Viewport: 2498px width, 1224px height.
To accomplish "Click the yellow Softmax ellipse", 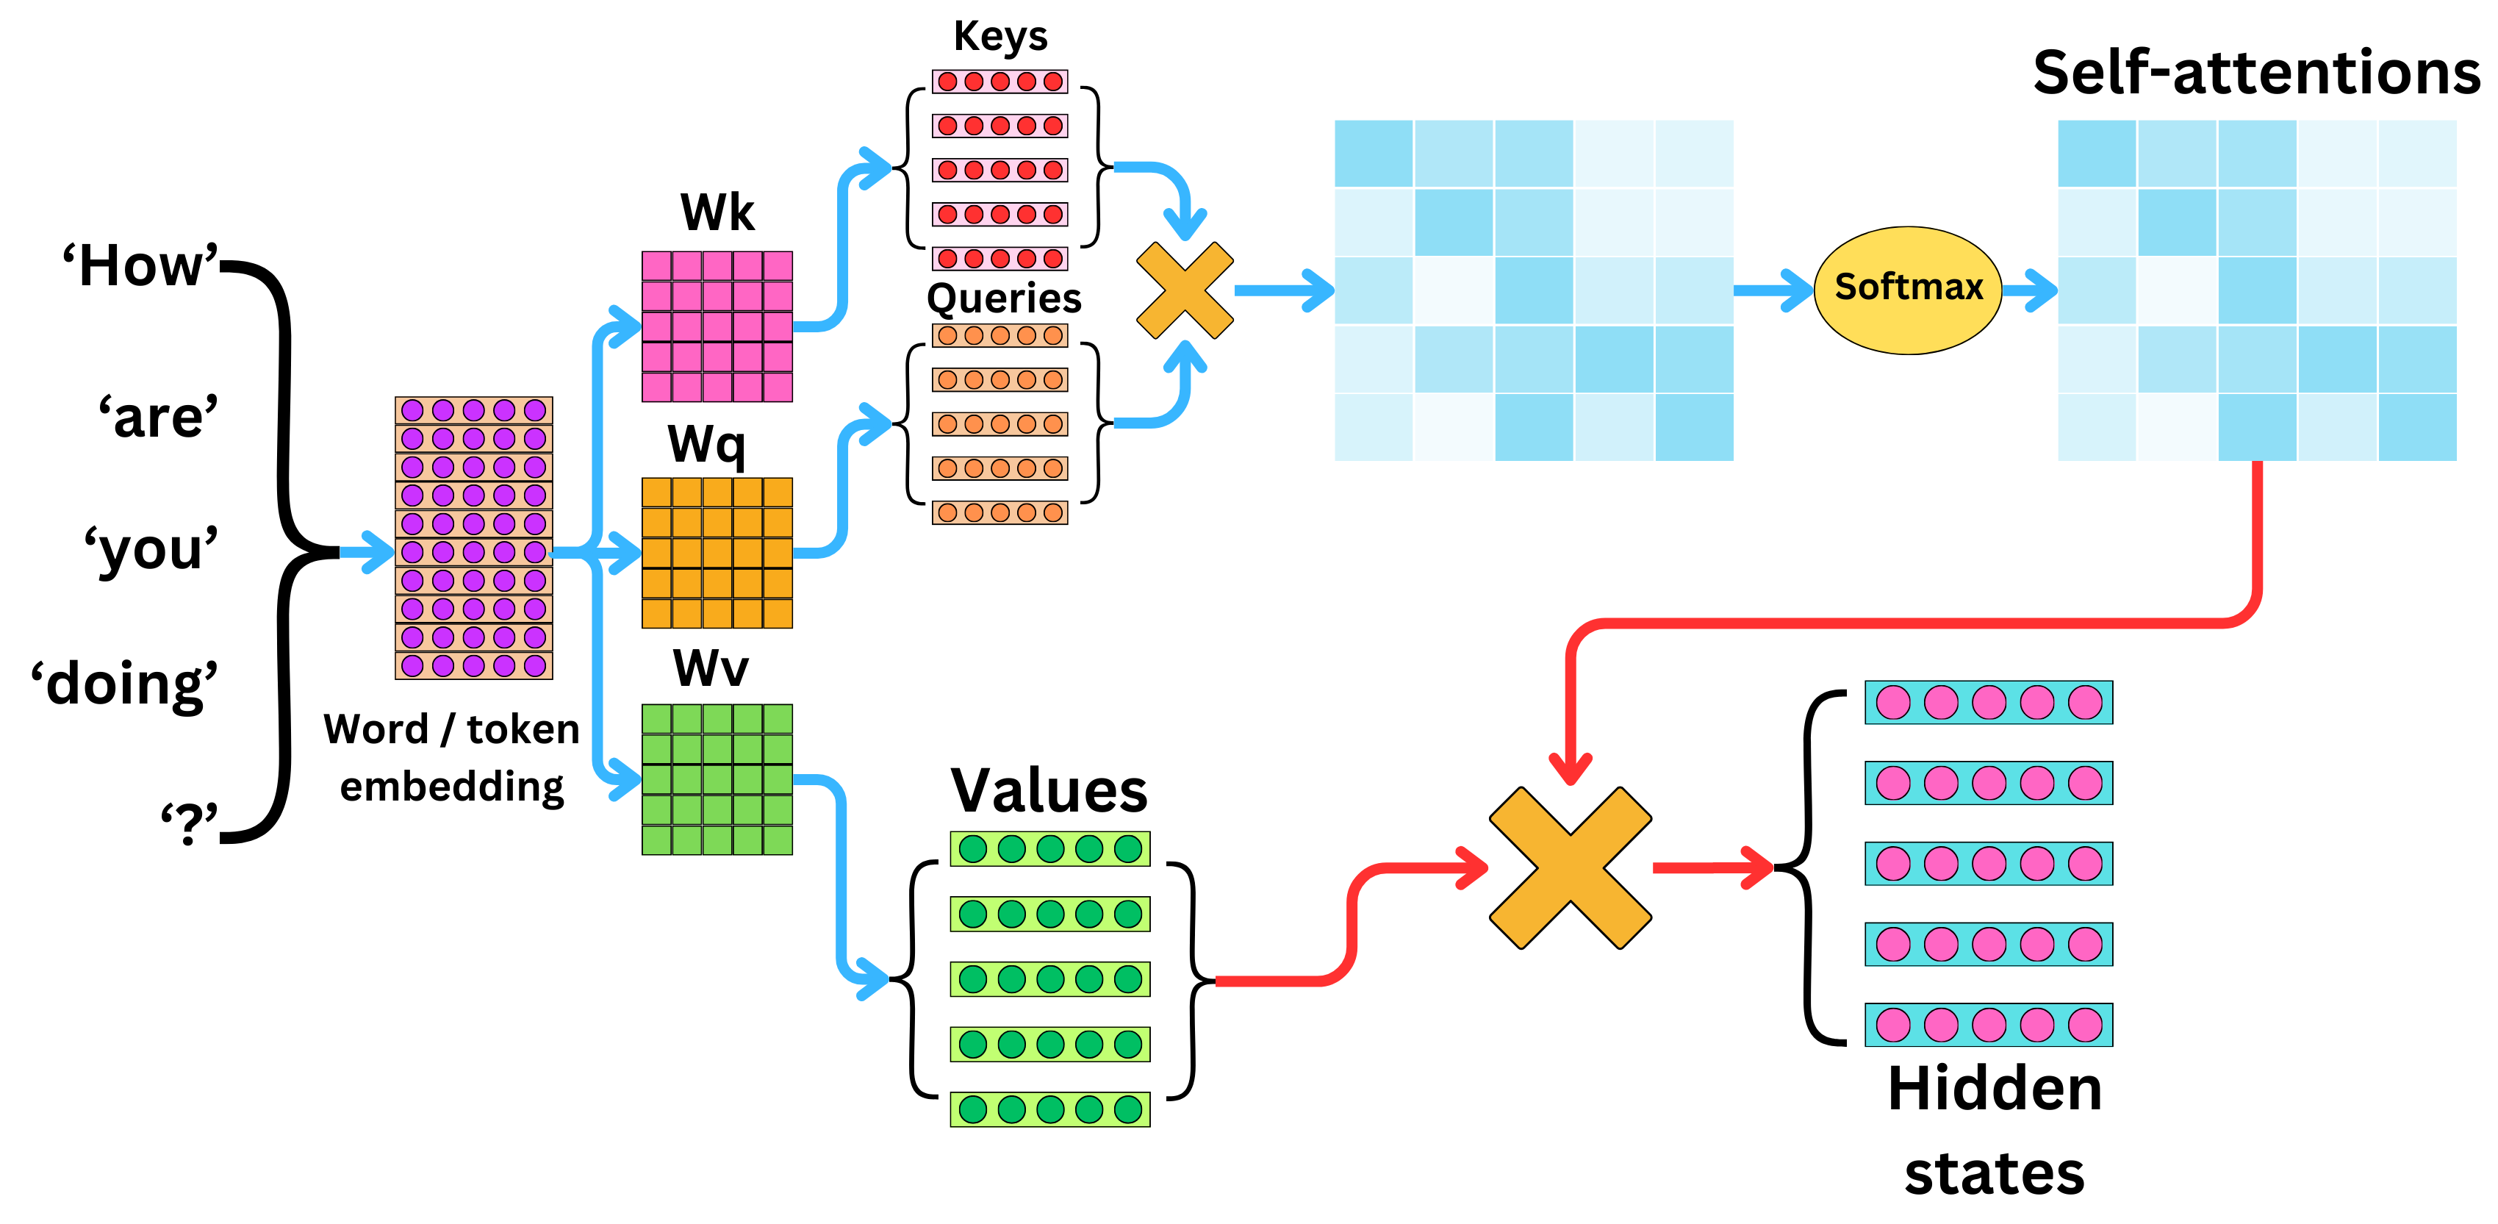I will point(1907,289).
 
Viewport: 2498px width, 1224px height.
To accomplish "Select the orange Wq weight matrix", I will point(717,553).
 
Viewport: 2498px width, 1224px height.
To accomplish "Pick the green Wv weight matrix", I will point(717,779).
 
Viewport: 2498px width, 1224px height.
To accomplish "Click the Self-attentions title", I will point(2255,73).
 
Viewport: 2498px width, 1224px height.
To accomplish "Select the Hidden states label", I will point(1994,1130).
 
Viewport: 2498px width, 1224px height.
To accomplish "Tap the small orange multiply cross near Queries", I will point(1184,290).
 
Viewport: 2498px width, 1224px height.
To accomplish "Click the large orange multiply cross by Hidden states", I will point(1570,867).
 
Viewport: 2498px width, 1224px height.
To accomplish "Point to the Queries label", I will point(1004,298).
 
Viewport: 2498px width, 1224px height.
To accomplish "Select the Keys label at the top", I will point(999,37).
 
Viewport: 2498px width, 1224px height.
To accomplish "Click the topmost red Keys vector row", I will point(999,82).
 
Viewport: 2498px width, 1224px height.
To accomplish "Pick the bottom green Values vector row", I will point(1049,1109).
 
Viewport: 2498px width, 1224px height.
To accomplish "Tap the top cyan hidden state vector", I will point(1988,702).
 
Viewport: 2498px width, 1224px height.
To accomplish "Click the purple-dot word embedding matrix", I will point(473,537).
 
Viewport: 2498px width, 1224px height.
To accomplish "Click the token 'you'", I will point(151,550).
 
